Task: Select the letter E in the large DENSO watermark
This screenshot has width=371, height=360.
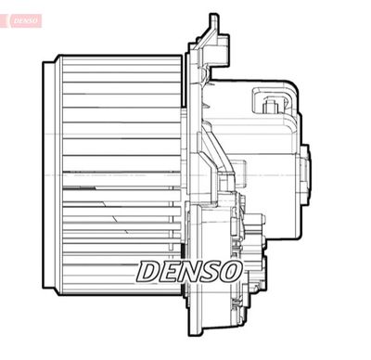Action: [x=171, y=271]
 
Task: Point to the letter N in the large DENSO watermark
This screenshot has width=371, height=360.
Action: [x=191, y=271]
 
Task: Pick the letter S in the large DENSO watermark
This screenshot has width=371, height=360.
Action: [x=211, y=271]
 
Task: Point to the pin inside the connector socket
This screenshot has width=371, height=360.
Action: [x=271, y=105]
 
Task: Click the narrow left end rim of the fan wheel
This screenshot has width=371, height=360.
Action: [x=48, y=176]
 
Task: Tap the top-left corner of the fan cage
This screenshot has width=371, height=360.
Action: [x=57, y=58]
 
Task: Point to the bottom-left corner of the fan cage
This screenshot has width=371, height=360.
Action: [x=57, y=294]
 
